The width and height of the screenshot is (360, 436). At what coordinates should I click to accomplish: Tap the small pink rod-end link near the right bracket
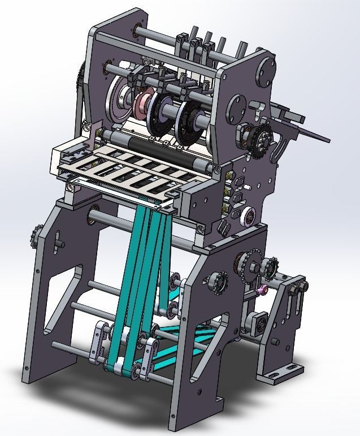click(262, 291)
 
